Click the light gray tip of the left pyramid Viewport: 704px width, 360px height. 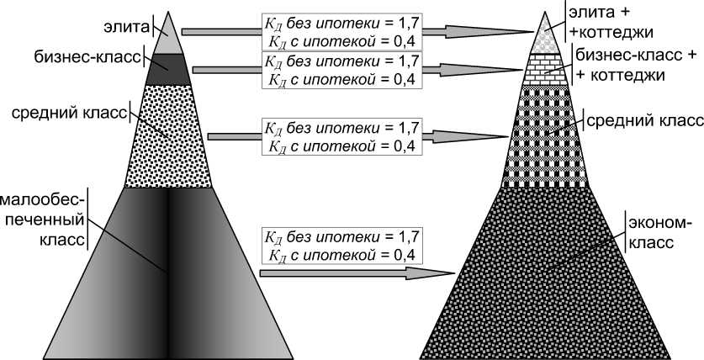(x=170, y=38)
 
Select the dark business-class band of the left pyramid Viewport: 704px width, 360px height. (x=170, y=68)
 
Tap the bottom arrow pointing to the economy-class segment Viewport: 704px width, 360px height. (x=353, y=273)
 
